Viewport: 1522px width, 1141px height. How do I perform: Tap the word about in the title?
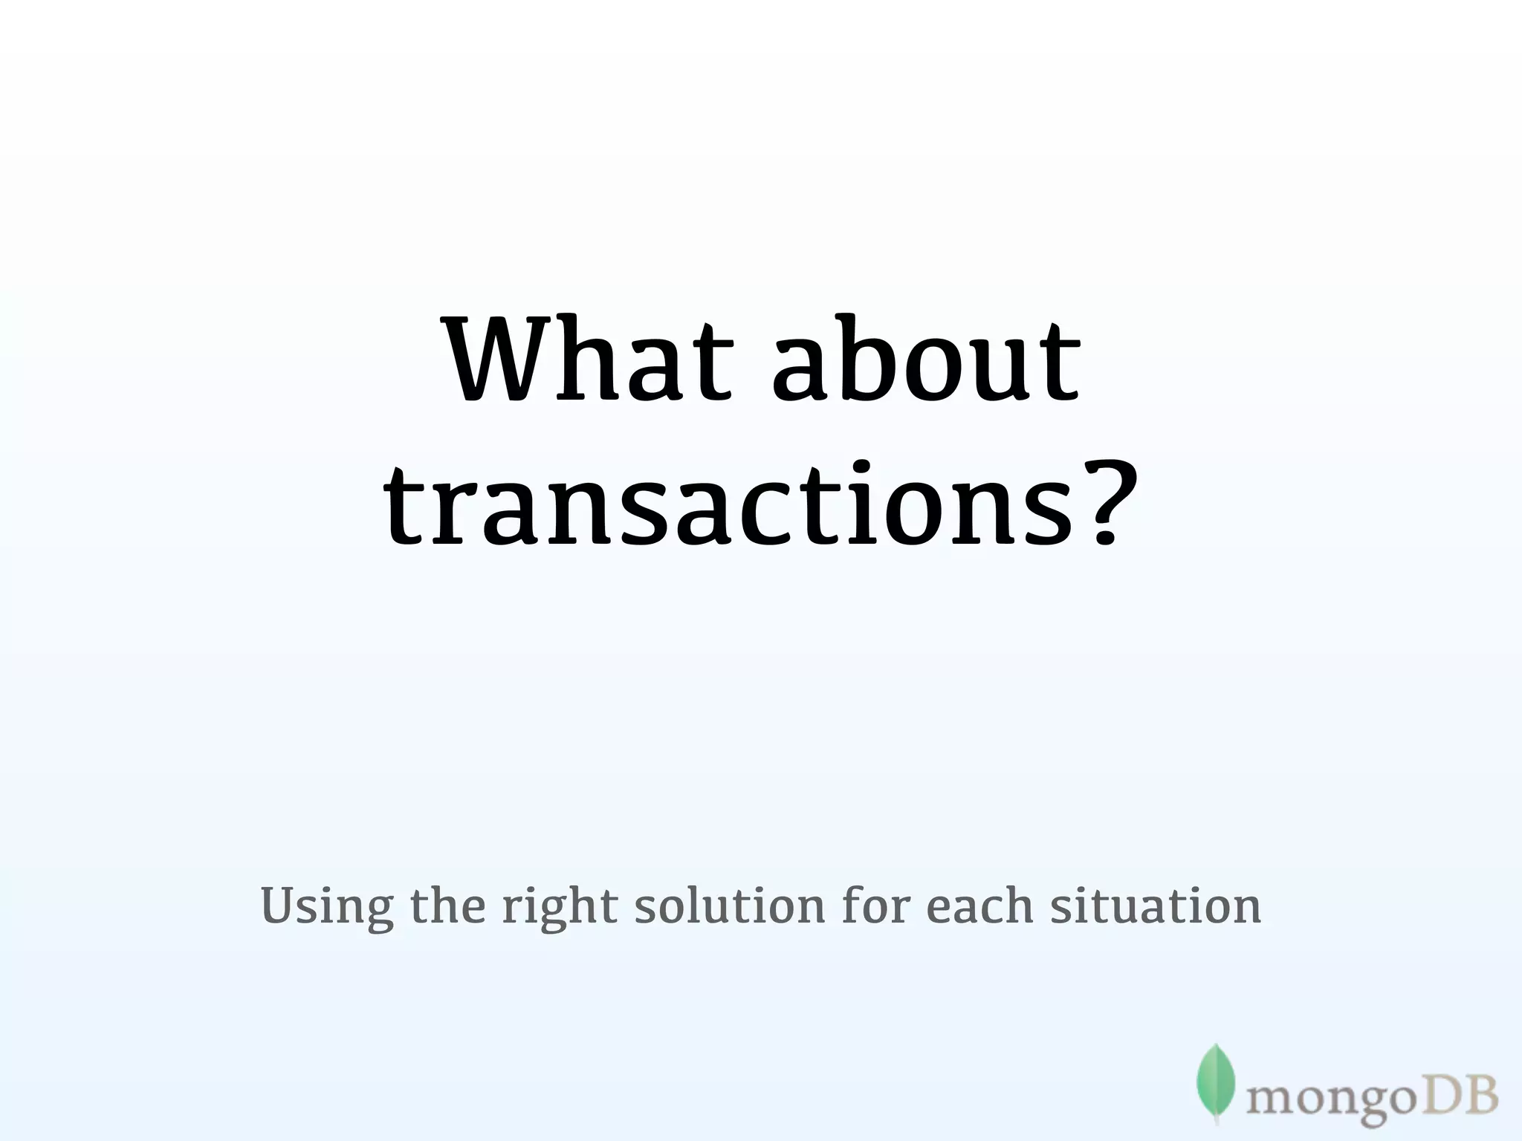[x=926, y=360]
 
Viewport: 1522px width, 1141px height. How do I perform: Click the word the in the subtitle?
[x=447, y=906]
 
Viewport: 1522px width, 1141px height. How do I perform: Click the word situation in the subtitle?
[x=1156, y=906]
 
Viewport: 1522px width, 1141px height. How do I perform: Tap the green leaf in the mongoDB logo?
[x=1216, y=1083]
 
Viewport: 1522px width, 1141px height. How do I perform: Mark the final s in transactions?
[x=1052, y=513]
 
